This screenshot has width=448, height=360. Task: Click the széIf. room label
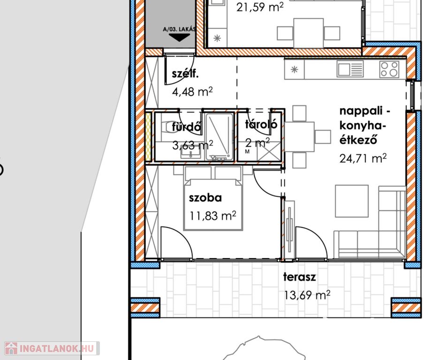click(x=185, y=74)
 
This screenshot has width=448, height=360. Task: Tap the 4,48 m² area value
click(x=192, y=92)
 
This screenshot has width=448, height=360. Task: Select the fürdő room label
click(x=187, y=127)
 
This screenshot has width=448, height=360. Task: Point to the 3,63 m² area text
click(x=193, y=145)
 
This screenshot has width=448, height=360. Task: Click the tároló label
click(x=261, y=124)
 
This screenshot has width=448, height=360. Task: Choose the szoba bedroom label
click(x=205, y=198)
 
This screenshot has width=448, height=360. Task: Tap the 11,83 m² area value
click(x=213, y=216)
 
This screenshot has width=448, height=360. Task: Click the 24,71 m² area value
click(x=363, y=157)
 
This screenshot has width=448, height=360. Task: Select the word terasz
click(x=299, y=277)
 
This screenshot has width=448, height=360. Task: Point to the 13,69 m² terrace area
click(x=307, y=295)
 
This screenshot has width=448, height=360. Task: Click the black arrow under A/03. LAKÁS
click(x=179, y=37)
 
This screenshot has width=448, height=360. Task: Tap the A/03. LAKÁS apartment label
click(x=179, y=29)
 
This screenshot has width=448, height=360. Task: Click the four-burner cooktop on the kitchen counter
click(x=389, y=69)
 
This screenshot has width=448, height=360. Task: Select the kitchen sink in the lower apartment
click(x=350, y=69)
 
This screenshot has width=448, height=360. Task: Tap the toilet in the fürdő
click(x=165, y=127)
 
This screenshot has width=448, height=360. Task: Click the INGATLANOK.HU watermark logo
click(x=52, y=348)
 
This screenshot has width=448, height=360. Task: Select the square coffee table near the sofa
click(x=352, y=201)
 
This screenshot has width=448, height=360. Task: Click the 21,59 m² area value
click(x=260, y=7)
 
